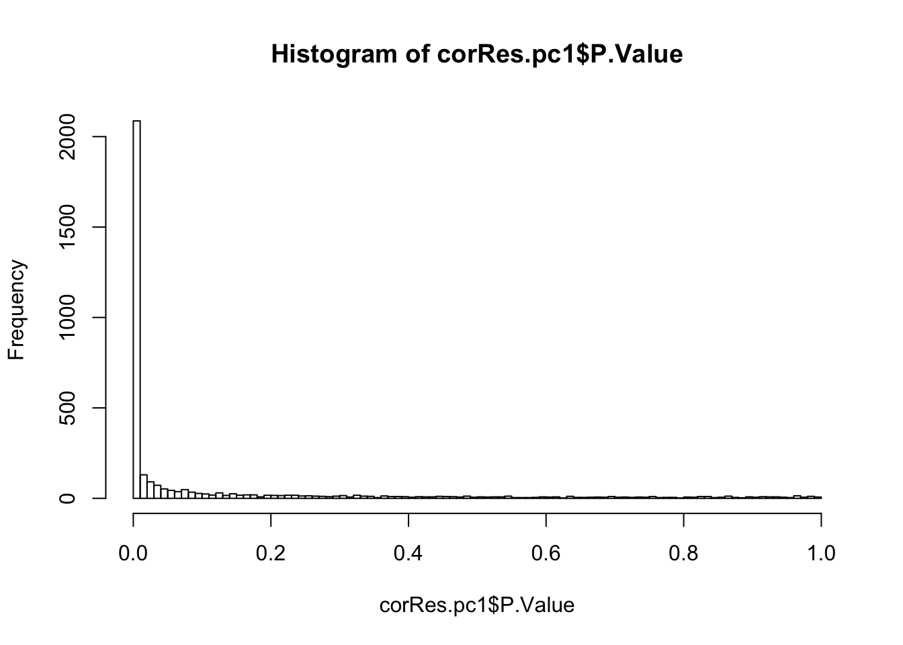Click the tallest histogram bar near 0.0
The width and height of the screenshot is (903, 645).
[x=136, y=309]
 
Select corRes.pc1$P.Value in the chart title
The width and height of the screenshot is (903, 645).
[x=560, y=54]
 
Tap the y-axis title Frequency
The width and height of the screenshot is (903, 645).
[x=17, y=310]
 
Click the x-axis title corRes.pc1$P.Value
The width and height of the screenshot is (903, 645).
[x=477, y=605]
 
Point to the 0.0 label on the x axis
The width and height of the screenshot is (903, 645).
[x=133, y=553]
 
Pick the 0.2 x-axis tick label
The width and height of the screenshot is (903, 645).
[x=271, y=553]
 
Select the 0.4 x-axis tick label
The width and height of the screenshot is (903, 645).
[x=408, y=553]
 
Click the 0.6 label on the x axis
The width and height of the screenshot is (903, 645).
[x=546, y=553]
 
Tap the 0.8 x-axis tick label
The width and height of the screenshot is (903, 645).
[x=683, y=553]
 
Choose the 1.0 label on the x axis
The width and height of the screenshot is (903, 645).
[x=821, y=553]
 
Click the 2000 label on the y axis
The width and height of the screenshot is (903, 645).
[x=69, y=136]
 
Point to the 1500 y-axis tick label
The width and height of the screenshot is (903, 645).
[x=69, y=227]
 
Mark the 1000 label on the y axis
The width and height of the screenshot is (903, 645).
[x=69, y=317]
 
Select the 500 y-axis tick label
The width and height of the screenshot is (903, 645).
[x=69, y=408]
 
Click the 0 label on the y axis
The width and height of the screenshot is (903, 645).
[x=69, y=498]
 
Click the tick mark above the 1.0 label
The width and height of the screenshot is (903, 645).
[x=821, y=519]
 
